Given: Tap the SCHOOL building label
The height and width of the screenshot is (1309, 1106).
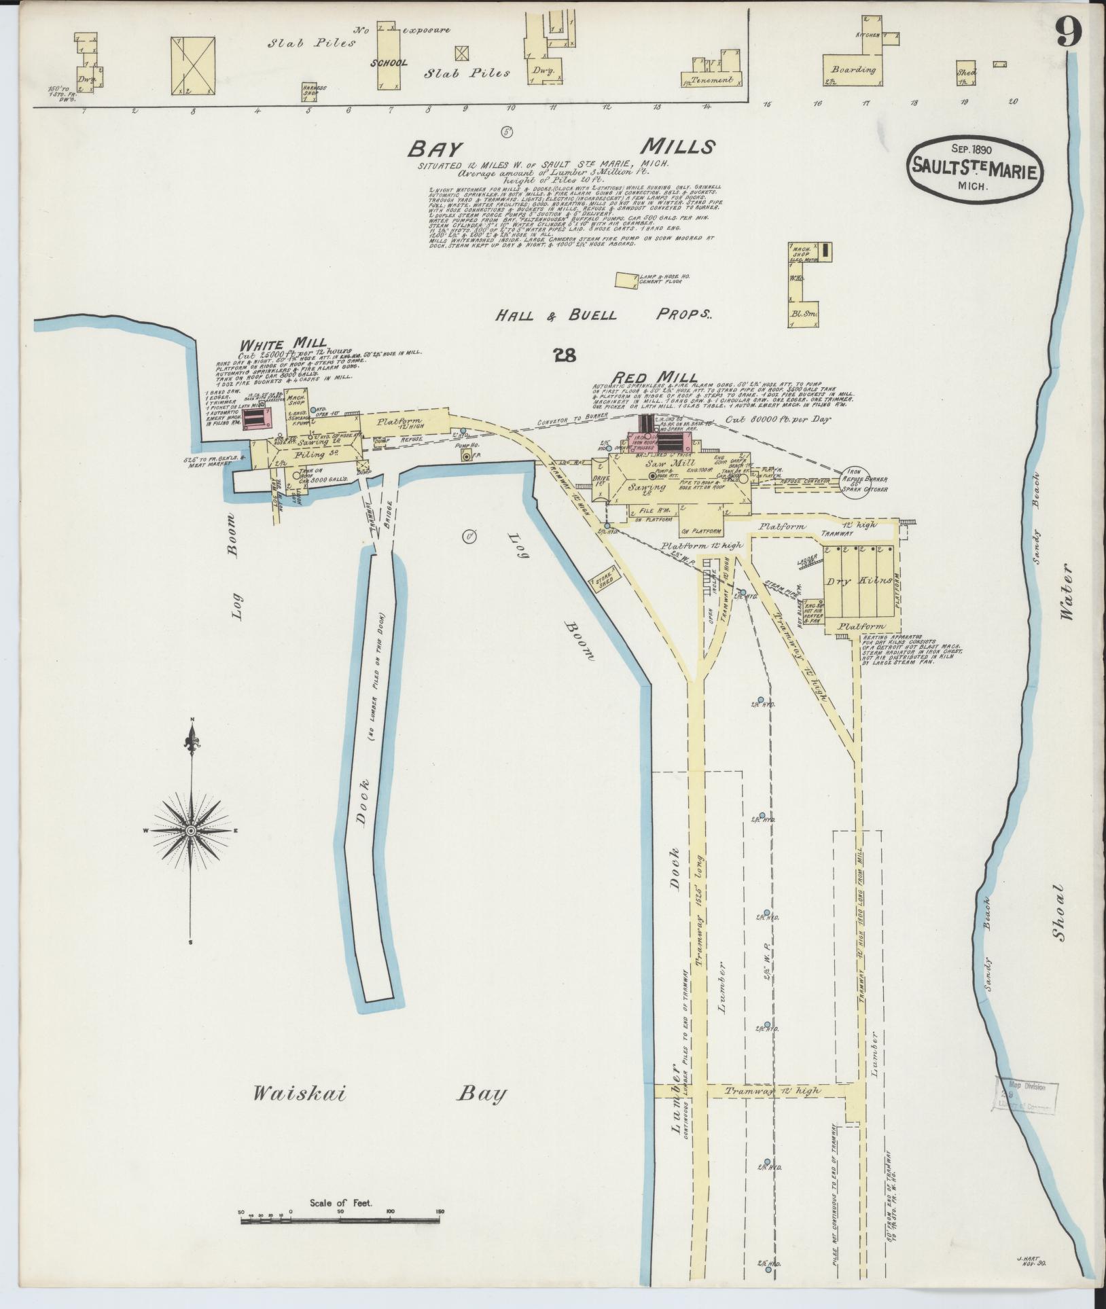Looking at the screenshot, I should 389,63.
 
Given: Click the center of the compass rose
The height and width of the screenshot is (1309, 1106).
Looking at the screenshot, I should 191,831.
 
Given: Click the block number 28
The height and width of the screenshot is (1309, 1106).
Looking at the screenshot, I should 565,355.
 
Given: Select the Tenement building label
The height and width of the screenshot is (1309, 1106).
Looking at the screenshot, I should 712,80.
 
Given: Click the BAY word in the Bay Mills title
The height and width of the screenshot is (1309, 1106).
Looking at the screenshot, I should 435,149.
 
